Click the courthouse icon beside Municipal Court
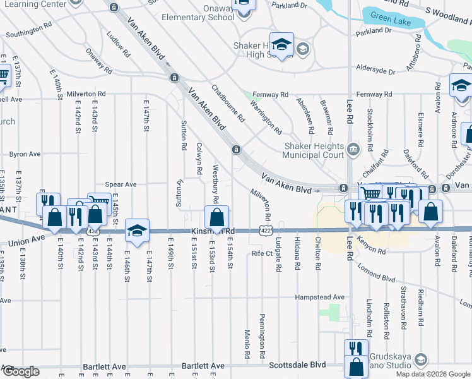[x=353, y=150]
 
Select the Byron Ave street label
[x=25, y=153]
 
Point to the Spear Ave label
[x=121, y=184]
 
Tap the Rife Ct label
[x=261, y=253]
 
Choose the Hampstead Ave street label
[x=321, y=297]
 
